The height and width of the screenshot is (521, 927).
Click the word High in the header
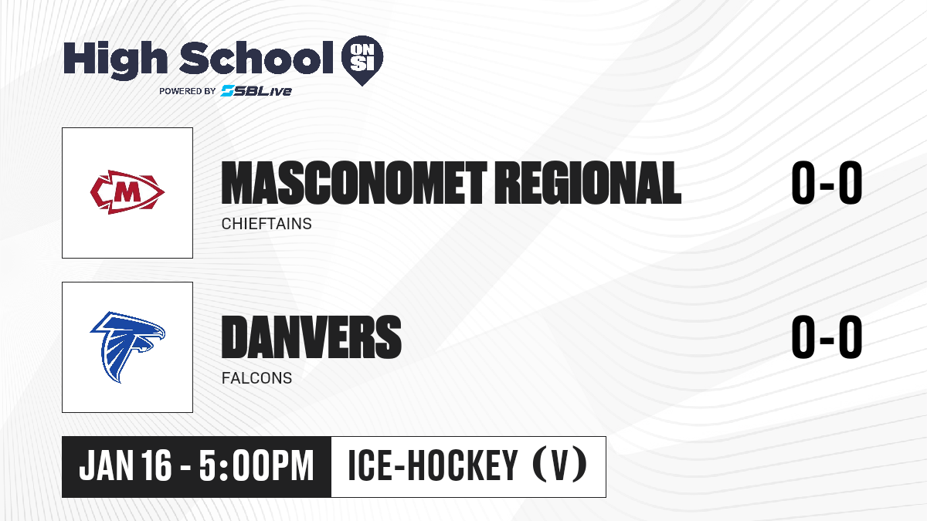(x=115, y=59)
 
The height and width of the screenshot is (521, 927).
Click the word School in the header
(x=256, y=57)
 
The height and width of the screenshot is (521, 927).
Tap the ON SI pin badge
(x=362, y=60)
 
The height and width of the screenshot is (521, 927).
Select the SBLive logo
(x=256, y=90)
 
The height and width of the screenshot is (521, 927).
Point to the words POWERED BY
(x=188, y=91)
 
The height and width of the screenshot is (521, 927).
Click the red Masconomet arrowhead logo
(x=127, y=192)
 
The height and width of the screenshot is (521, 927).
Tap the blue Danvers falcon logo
(x=127, y=347)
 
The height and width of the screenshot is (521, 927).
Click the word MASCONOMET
(x=355, y=183)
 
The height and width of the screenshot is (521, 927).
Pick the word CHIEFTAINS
(x=267, y=224)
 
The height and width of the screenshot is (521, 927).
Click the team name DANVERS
(x=311, y=337)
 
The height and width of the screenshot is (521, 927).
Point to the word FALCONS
(x=256, y=378)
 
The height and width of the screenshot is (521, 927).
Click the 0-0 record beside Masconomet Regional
(x=827, y=183)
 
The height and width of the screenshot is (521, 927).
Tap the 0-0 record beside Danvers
(x=827, y=337)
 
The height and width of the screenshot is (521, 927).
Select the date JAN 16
(x=125, y=465)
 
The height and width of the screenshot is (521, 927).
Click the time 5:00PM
(x=256, y=465)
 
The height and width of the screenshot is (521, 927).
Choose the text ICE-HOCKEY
(x=433, y=465)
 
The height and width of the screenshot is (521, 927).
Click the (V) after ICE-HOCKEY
(x=560, y=465)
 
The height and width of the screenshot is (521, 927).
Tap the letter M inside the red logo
(x=127, y=192)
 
